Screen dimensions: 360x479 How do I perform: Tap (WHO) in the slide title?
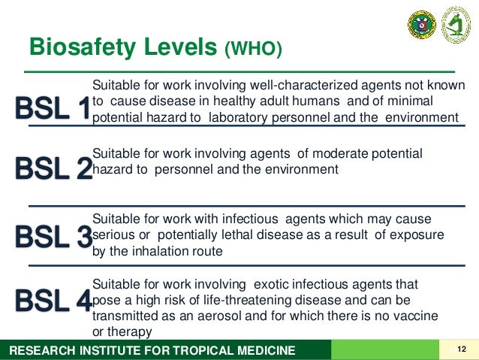253,49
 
